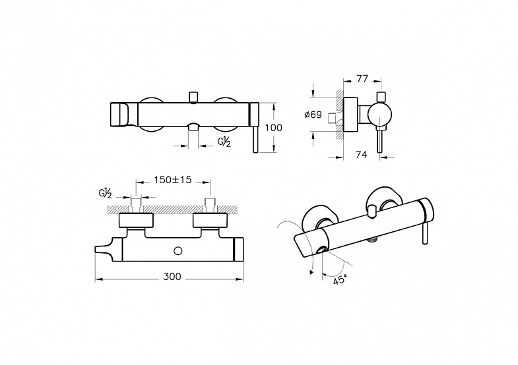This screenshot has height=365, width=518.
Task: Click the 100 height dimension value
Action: tap(274, 128)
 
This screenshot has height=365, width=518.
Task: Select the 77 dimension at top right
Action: tap(362, 79)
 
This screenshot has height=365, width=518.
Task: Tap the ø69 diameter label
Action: tap(313, 115)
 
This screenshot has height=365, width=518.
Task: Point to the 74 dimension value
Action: tap(362, 154)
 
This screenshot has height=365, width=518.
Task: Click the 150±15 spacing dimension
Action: tap(173, 180)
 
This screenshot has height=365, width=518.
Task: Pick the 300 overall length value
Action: tap(172, 276)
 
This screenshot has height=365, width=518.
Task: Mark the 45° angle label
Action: tap(340, 280)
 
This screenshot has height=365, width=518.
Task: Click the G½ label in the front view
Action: tap(224, 142)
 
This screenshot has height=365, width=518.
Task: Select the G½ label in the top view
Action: tap(105, 194)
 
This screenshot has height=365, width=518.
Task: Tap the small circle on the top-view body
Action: tap(178, 251)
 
